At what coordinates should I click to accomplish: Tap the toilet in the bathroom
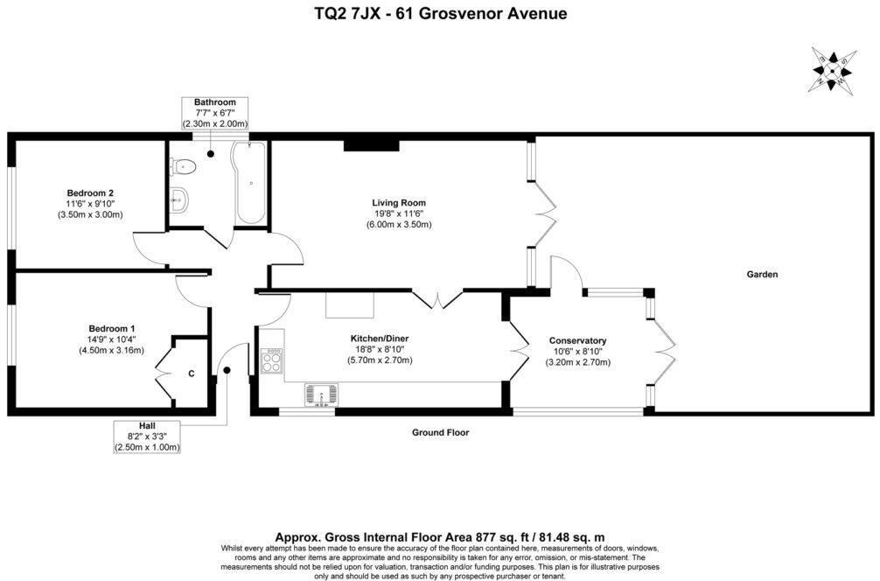click(183, 165)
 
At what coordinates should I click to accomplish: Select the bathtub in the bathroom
click(250, 184)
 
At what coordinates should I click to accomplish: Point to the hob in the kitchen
click(271, 360)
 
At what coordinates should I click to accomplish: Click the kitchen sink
click(321, 395)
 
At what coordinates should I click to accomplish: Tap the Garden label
click(761, 274)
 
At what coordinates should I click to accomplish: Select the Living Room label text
click(398, 203)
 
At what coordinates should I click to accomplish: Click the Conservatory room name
click(577, 340)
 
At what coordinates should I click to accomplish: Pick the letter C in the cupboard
click(191, 374)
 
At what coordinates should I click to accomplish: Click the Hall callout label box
click(147, 436)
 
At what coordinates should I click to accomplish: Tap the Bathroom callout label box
click(214, 114)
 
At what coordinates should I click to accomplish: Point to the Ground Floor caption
click(441, 432)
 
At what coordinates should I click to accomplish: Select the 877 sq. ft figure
click(493, 536)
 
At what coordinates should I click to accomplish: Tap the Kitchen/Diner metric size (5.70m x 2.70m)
click(380, 360)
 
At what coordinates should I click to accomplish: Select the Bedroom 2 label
click(90, 193)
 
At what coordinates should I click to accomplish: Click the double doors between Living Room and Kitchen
click(437, 299)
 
